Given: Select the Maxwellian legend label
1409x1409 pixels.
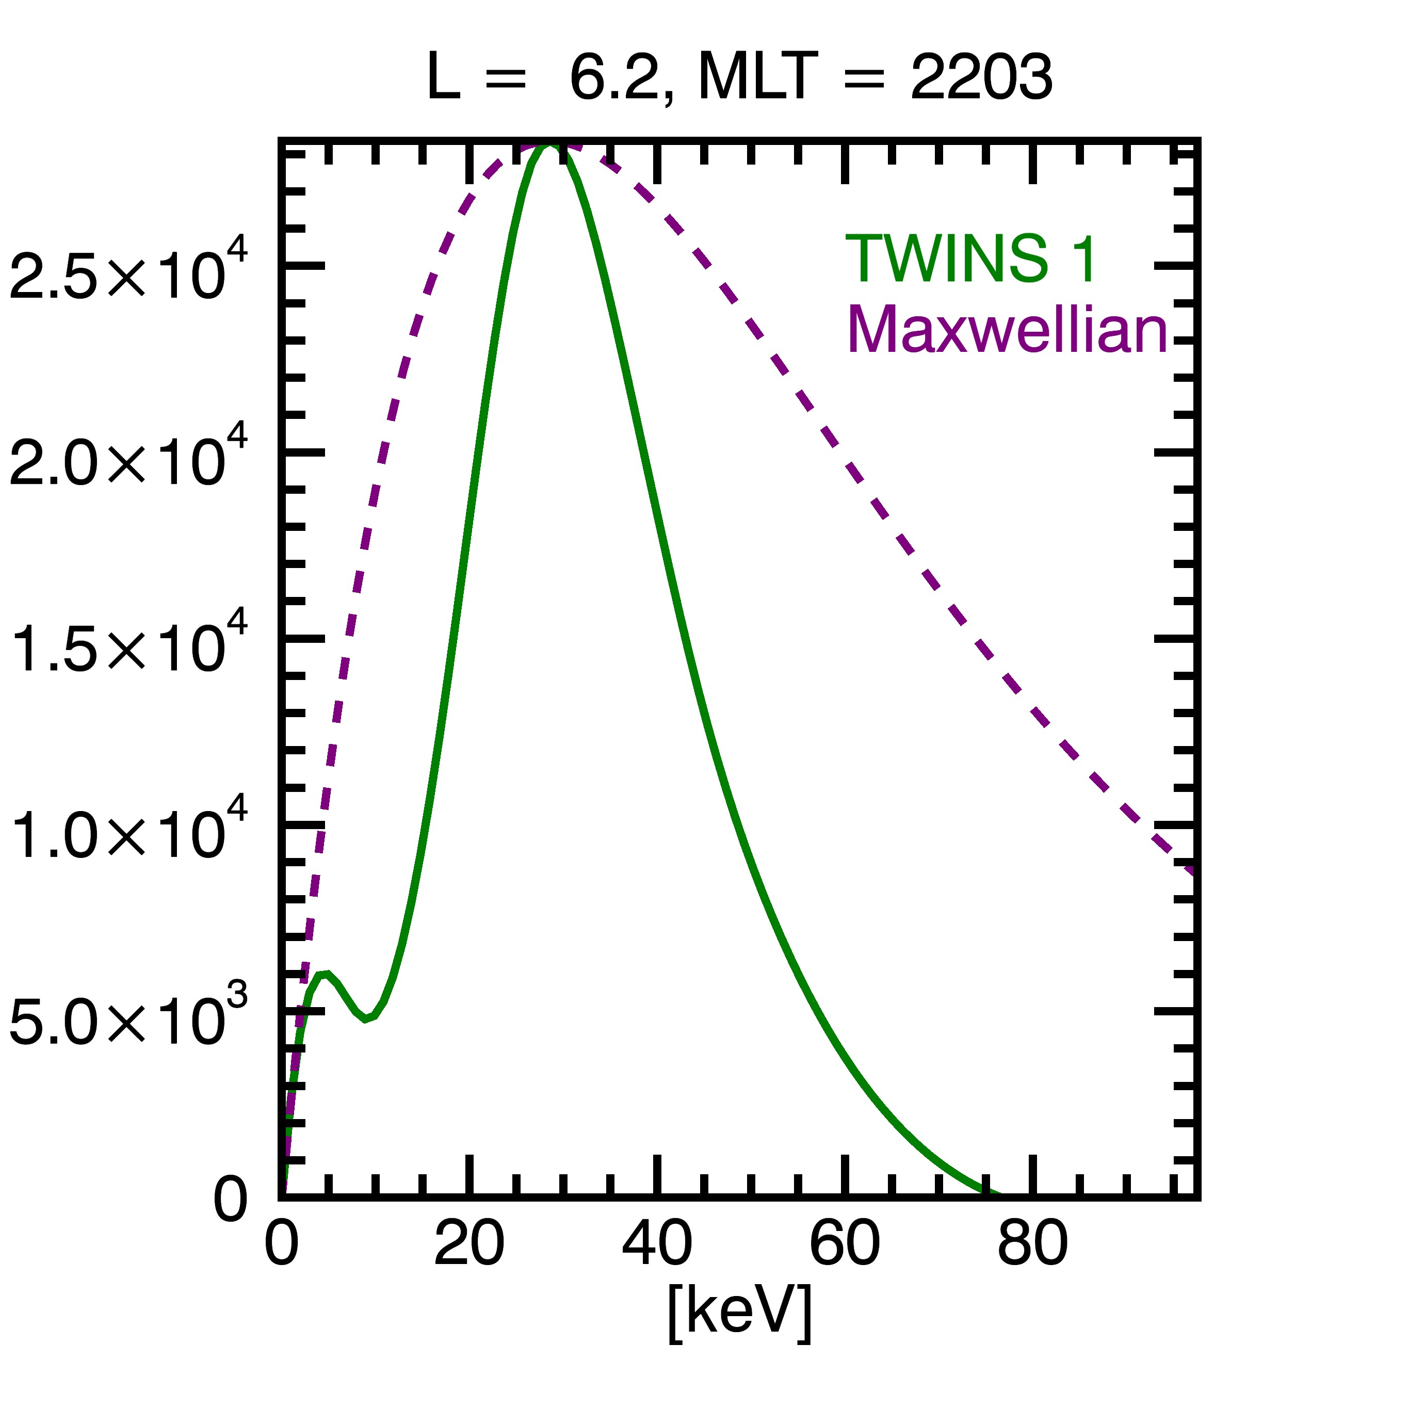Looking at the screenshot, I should [x=1007, y=330].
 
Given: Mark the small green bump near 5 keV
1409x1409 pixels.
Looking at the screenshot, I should [x=325, y=974].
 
